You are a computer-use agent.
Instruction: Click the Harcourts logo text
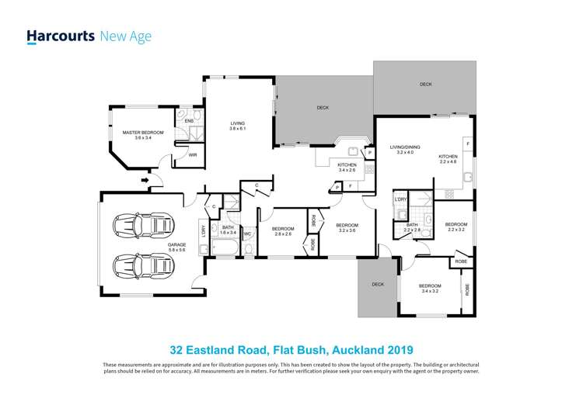pos(61,36)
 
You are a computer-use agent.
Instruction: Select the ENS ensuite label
pos(188,122)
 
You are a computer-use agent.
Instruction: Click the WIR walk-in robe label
pos(193,155)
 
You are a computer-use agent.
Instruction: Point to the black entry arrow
pos(145,182)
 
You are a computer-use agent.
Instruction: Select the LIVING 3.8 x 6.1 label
pos(237,126)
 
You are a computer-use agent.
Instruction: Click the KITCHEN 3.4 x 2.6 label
pos(347,167)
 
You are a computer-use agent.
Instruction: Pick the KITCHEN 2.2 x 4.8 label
pos(449,158)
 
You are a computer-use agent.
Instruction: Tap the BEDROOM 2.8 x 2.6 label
pos(282,230)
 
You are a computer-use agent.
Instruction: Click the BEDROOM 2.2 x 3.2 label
pos(456,227)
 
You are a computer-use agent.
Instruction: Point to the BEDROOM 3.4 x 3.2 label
pos(430,288)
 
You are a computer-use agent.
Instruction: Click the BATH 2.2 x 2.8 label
pos(411,227)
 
